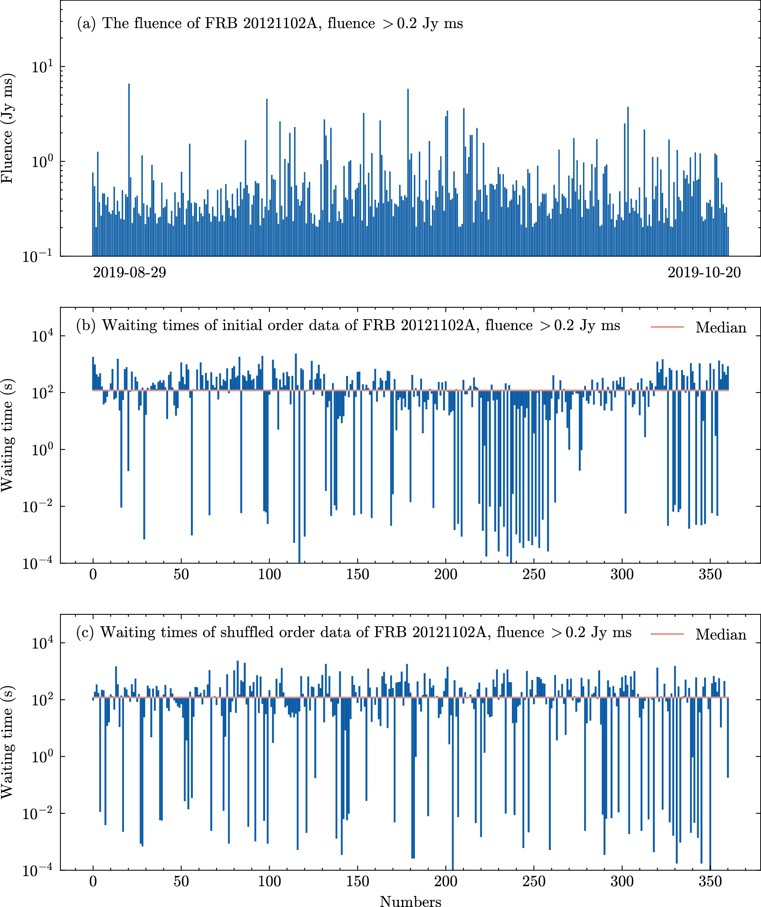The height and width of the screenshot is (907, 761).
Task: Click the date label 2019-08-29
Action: click(x=129, y=272)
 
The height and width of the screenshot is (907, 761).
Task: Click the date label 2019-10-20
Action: click(x=704, y=272)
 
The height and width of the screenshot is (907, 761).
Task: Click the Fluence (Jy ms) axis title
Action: click(x=8, y=128)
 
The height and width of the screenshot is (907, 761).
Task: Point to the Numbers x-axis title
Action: click(x=410, y=901)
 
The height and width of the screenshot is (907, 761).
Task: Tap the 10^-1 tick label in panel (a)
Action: click(x=38, y=256)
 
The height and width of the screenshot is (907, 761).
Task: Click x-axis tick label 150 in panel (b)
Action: click(x=357, y=575)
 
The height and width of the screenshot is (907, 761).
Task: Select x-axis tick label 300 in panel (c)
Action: click(x=622, y=882)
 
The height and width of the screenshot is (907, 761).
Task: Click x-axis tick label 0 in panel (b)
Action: click(x=93, y=575)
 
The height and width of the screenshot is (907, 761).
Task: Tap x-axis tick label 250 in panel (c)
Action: click(x=534, y=882)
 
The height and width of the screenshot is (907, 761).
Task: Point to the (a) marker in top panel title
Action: click(x=86, y=23)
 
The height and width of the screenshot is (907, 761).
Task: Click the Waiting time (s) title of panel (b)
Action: click(x=8, y=435)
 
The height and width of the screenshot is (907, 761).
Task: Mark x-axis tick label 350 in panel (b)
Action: click(x=710, y=575)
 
